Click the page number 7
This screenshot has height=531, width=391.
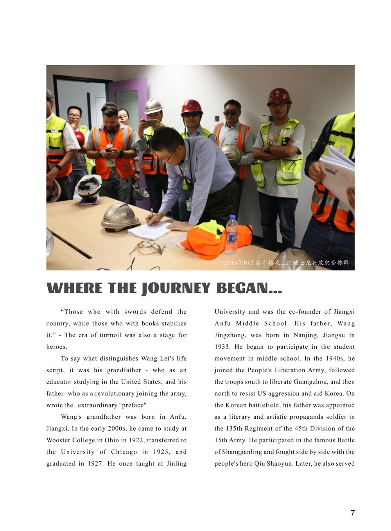pos(353,513)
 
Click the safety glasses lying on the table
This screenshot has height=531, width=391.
pos(147,248)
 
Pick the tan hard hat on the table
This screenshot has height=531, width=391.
pos(120,216)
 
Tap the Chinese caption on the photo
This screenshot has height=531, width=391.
pos(287,263)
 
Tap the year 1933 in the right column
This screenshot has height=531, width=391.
pos(222,347)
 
